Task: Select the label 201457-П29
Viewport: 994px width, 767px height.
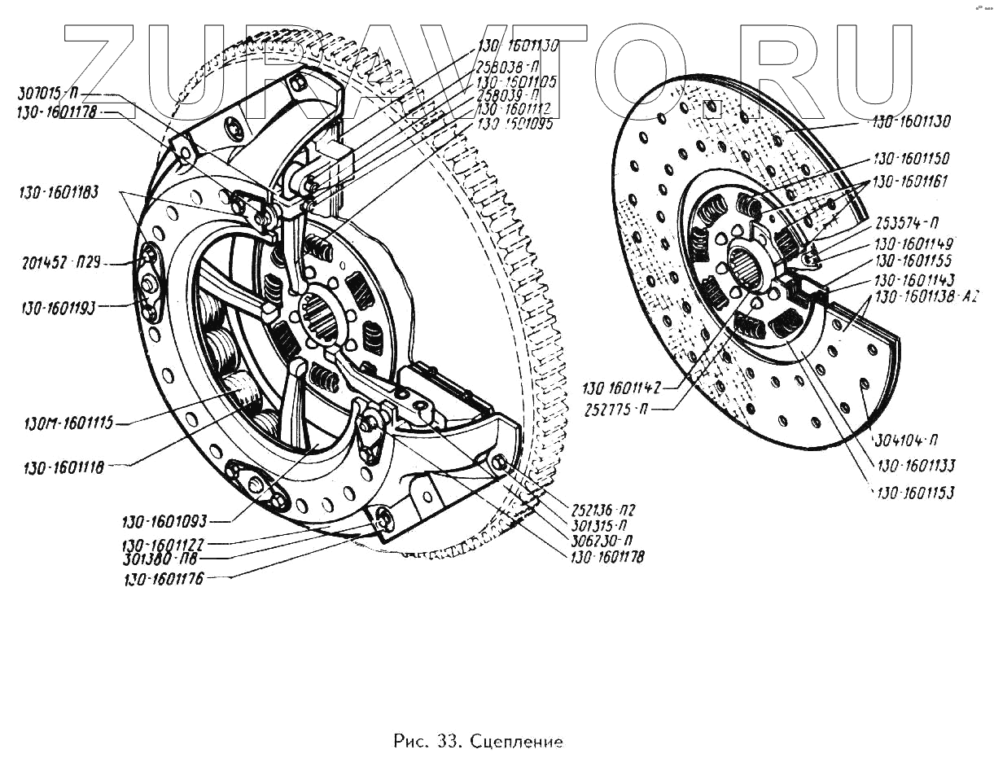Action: pyautogui.click(x=60, y=263)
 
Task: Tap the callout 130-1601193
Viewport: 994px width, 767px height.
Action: pyautogui.click(x=60, y=307)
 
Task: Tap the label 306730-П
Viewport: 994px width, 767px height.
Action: pyautogui.click(x=602, y=539)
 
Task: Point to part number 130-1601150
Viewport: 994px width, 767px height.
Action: pyautogui.click(x=911, y=159)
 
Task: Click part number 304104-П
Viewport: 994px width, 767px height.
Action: pyautogui.click(x=906, y=441)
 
